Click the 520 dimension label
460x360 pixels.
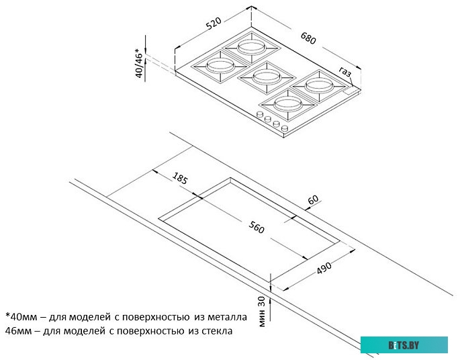coord(214,25)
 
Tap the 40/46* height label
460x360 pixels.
coord(140,64)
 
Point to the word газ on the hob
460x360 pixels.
coord(345,71)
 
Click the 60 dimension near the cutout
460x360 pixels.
coord(312,199)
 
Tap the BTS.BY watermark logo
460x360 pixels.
coord(403,345)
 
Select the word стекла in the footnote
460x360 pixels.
coord(217,330)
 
